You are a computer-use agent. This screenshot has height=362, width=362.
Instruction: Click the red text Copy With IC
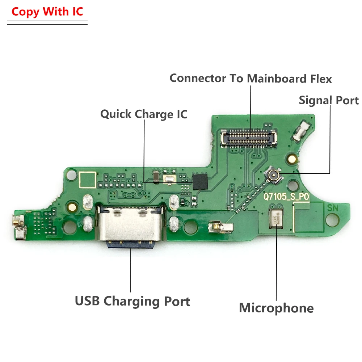47,12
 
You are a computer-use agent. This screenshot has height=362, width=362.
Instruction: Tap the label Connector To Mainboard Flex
251,78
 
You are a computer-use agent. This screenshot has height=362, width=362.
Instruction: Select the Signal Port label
329,100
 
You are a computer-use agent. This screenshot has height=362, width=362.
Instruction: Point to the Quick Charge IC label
144,114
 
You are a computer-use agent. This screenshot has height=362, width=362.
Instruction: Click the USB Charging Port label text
132,301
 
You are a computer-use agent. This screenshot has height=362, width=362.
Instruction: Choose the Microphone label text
276,308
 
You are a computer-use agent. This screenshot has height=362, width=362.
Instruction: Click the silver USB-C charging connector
131,224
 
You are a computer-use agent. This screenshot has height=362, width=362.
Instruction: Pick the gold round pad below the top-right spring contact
291,158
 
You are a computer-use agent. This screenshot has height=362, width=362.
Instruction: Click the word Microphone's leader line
276,268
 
